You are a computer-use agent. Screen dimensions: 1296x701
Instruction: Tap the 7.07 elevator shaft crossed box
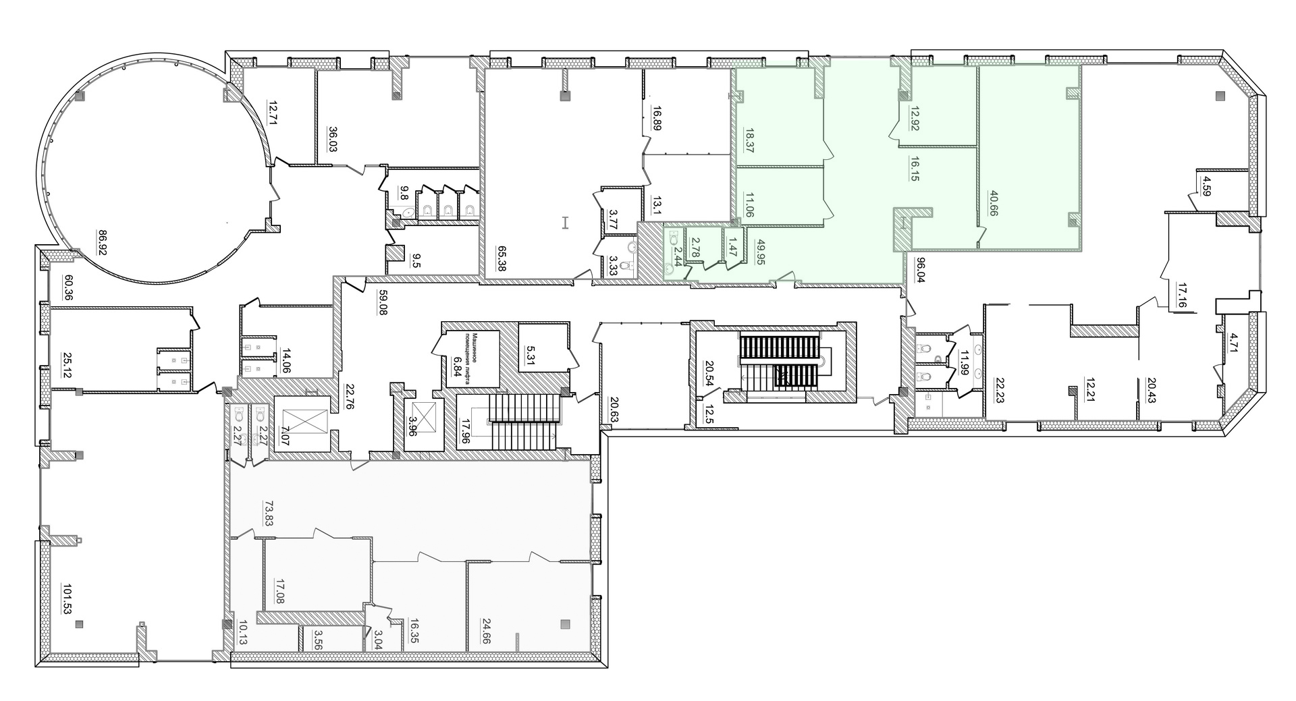[x=302, y=423]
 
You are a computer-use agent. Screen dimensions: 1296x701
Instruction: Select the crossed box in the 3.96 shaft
[x=423, y=414]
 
